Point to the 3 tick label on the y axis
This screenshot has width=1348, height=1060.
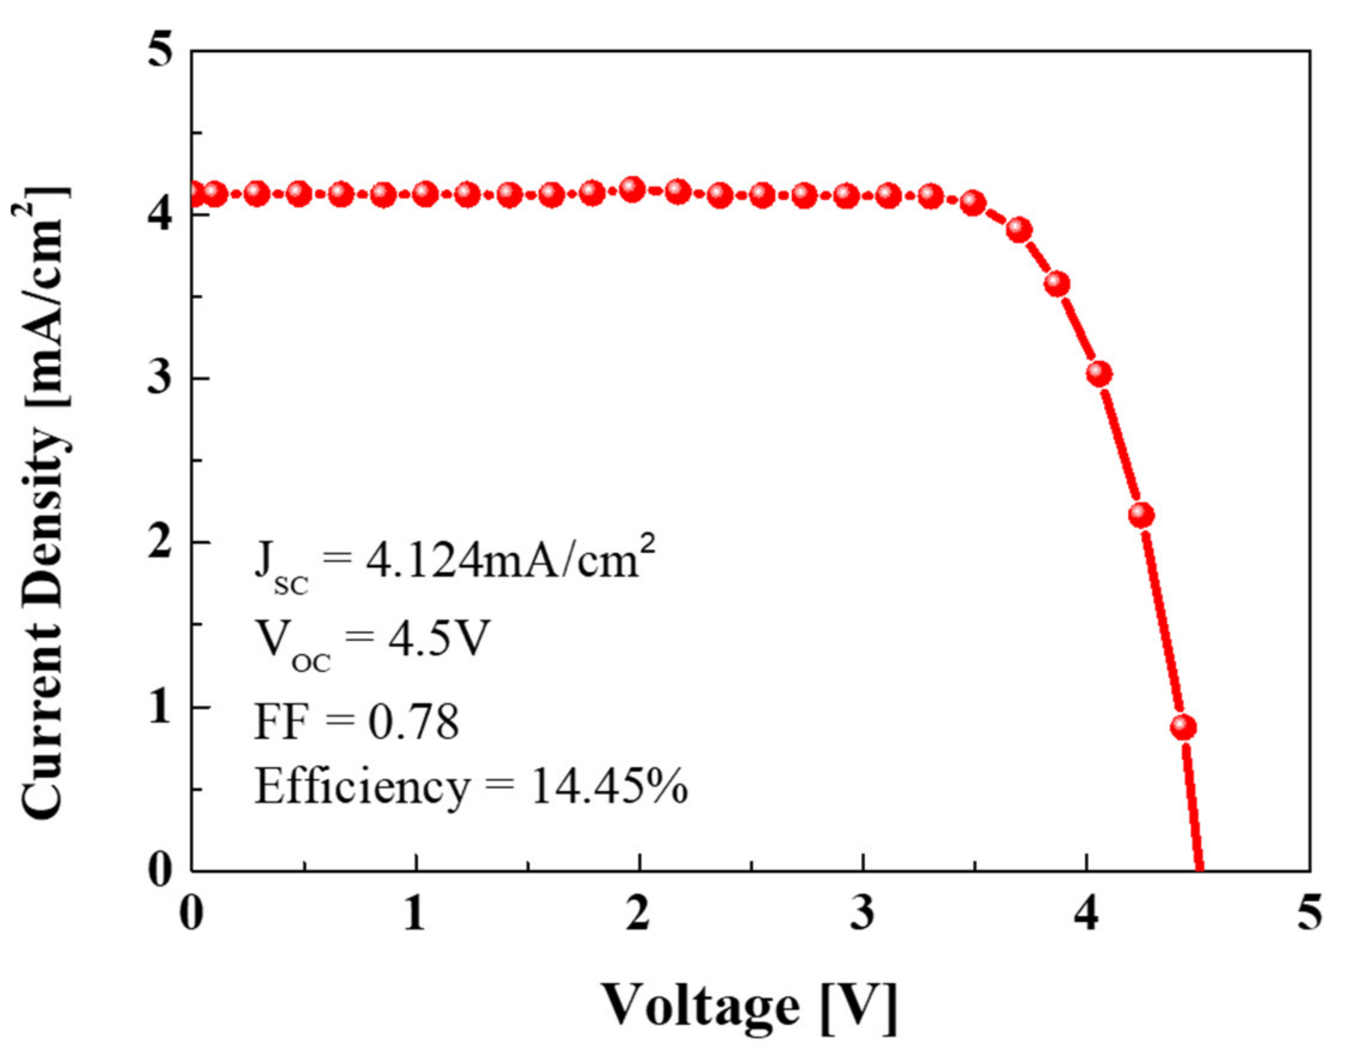[x=160, y=377]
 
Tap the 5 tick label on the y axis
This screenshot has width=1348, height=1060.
[x=160, y=51]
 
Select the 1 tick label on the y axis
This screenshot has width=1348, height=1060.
[x=160, y=707]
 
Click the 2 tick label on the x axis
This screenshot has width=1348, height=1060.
[x=639, y=913]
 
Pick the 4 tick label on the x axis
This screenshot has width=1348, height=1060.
[x=1086, y=913]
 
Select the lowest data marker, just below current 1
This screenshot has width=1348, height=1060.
[x=1183, y=727]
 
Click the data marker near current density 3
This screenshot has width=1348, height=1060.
[x=1099, y=374]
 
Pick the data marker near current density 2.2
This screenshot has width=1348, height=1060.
[x=1141, y=515]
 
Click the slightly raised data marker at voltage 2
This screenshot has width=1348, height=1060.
[x=633, y=189]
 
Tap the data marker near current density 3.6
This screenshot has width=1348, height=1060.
[x=1057, y=284]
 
